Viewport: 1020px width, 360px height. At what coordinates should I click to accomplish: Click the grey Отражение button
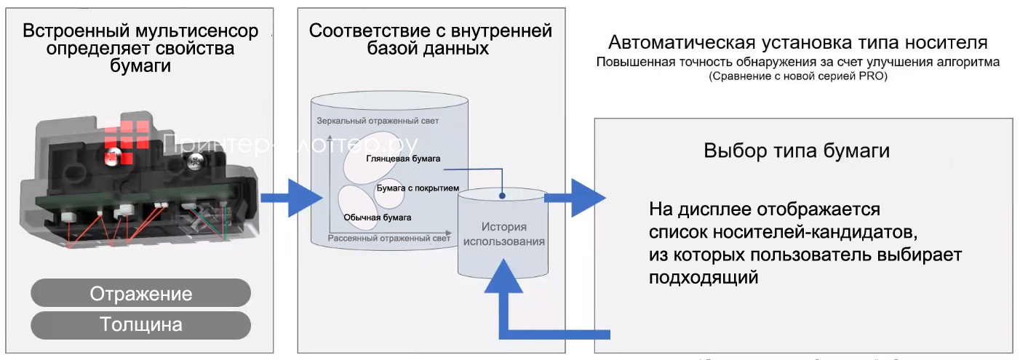140,293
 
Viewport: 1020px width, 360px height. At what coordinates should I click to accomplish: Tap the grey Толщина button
140,324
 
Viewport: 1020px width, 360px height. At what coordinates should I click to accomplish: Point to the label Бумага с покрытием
418,188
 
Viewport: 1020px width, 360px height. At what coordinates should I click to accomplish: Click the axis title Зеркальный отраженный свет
378,121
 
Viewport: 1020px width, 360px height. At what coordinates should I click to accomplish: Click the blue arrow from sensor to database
291,197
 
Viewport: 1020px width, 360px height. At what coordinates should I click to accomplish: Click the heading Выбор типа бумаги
797,151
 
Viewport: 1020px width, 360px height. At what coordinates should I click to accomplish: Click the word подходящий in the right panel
704,277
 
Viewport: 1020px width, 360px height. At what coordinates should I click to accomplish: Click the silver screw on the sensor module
196,165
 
